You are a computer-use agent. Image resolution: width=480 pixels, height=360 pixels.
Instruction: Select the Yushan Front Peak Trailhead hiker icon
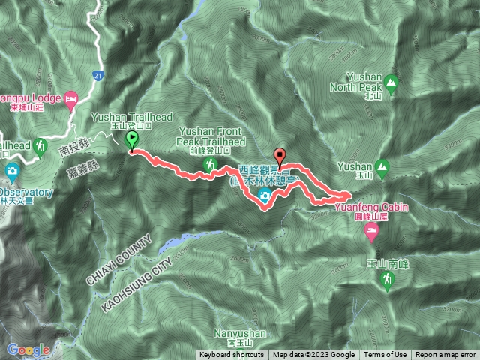tap(212, 163)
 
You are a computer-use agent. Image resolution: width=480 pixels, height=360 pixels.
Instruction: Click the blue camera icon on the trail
tap(265, 196)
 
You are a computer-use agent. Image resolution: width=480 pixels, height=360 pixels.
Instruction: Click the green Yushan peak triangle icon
tap(383, 166)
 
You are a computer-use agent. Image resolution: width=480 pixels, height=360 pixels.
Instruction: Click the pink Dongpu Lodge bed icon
tap(71, 97)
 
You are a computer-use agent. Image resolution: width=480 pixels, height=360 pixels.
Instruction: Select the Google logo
tap(28, 349)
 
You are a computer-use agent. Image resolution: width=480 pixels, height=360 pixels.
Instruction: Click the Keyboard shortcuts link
tap(231, 355)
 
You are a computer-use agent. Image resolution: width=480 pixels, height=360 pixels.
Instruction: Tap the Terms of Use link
tap(386, 355)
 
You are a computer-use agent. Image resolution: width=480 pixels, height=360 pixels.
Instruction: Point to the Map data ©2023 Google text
tap(313, 355)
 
